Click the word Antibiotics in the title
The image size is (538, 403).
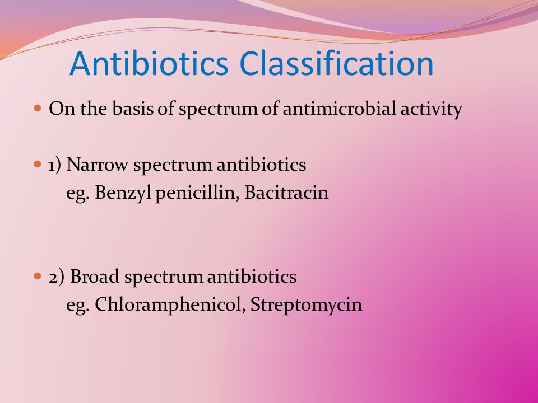point(149,63)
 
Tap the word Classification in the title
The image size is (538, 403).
point(337,63)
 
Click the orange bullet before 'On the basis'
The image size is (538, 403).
point(38,109)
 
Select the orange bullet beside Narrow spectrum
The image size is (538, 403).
point(38,165)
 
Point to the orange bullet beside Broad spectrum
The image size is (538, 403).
point(38,276)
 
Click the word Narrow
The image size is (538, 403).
point(98,165)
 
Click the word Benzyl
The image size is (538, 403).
point(123,193)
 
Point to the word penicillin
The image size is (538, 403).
point(197,193)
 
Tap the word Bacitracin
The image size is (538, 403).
point(286,192)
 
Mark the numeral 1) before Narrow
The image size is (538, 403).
point(55,165)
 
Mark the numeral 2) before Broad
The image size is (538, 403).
point(56,277)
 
